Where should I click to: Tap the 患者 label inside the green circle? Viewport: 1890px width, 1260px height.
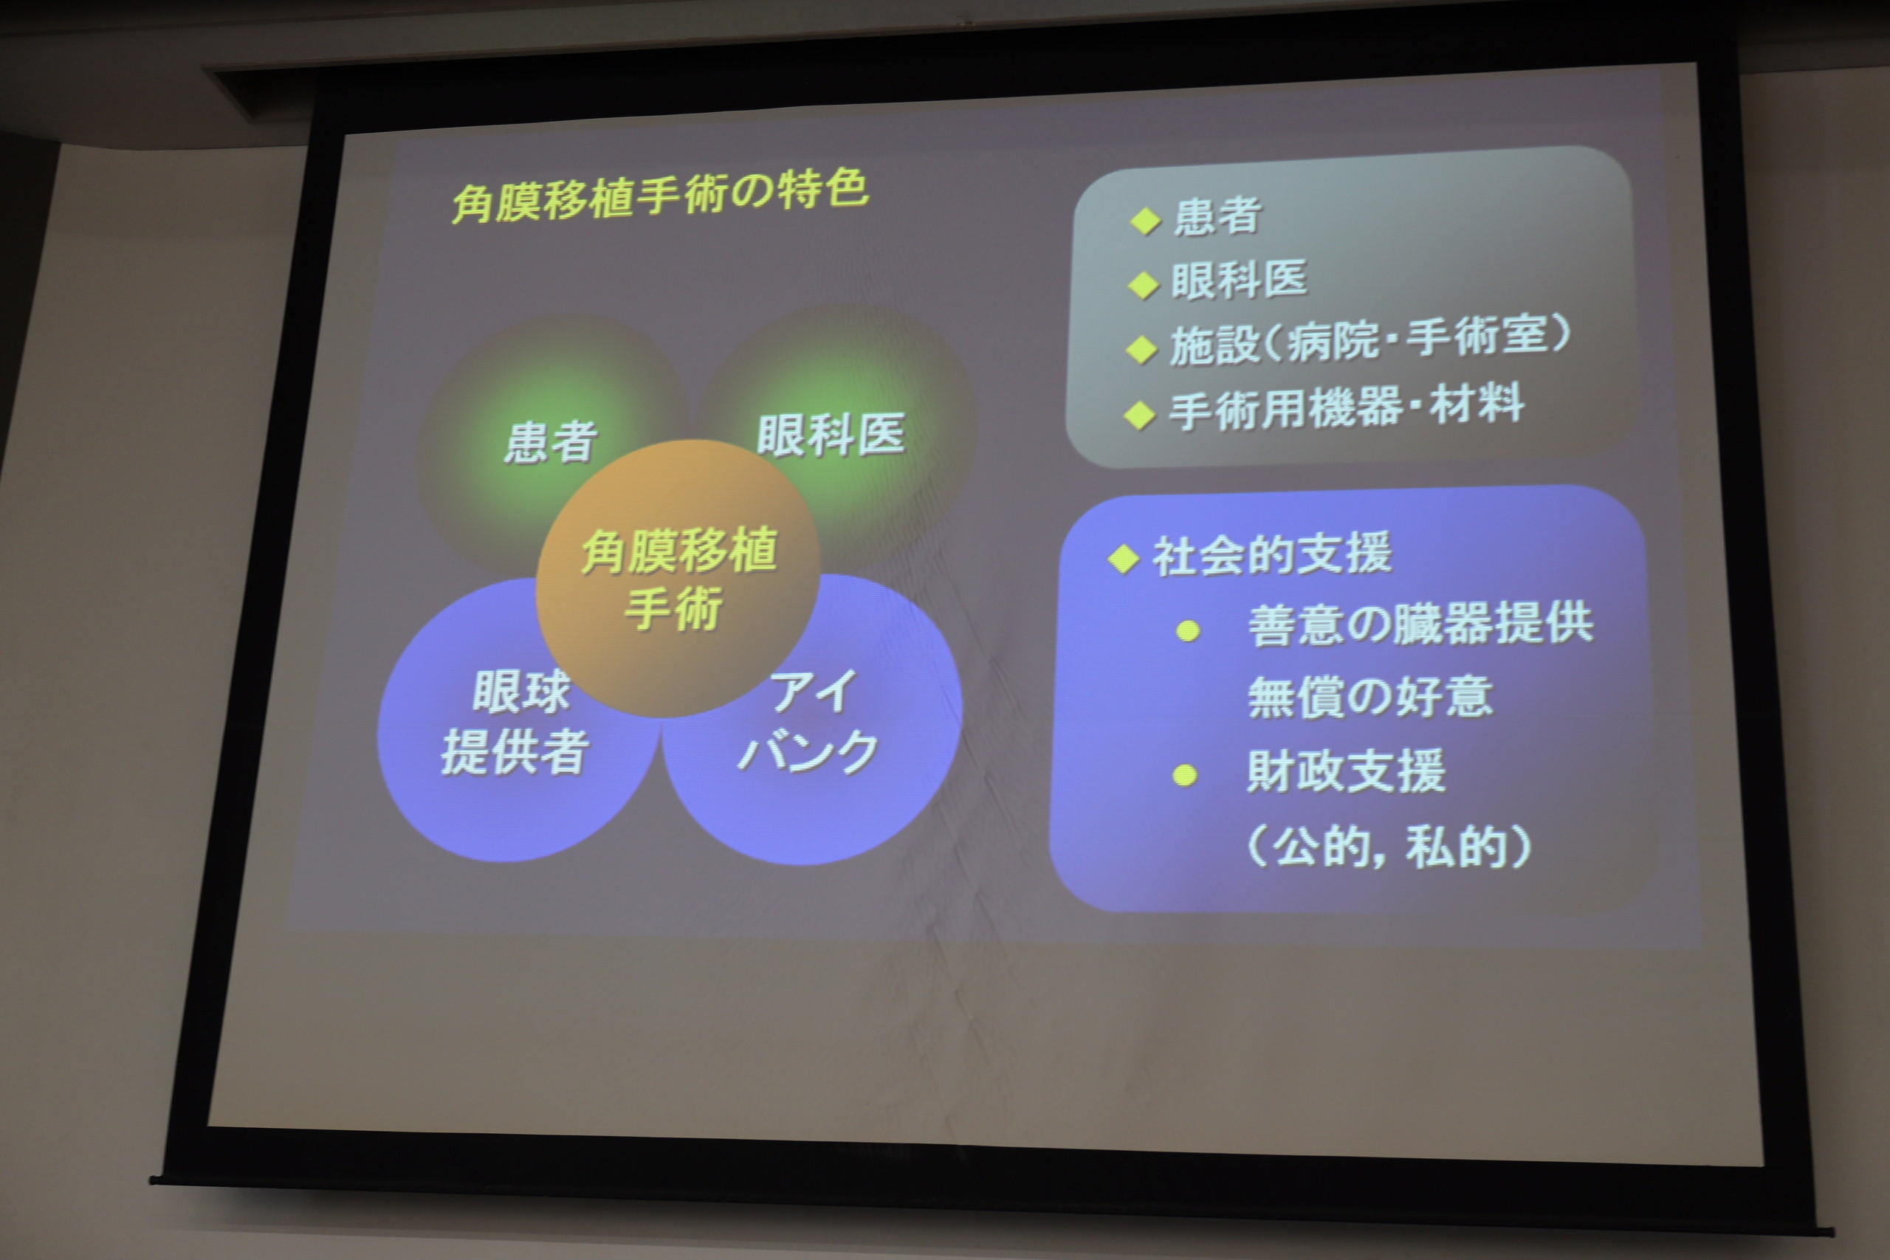point(551,442)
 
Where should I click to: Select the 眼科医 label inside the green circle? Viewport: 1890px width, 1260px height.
point(831,435)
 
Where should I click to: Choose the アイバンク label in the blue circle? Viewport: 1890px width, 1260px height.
point(807,722)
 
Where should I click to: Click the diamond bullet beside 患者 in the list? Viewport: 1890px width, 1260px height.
point(1145,220)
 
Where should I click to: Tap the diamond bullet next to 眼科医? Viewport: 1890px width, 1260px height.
point(1144,284)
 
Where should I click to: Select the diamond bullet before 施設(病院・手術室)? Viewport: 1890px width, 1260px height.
point(1141,350)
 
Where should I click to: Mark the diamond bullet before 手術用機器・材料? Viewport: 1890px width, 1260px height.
point(1138,416)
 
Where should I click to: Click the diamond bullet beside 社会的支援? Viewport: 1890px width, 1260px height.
point(1123,559)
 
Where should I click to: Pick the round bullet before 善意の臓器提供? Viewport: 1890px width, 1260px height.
point(1188,631)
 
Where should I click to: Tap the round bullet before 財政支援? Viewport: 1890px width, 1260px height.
point(1185,776)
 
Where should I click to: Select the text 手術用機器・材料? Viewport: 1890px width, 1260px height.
point(1346,407)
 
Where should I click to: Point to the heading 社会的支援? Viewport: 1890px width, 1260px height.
point(1272,554)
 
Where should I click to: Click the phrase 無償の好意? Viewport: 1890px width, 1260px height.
point(1370,696)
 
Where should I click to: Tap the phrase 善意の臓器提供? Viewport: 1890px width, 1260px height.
point(1420,624)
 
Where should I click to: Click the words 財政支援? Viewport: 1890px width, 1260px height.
point(1346,770)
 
